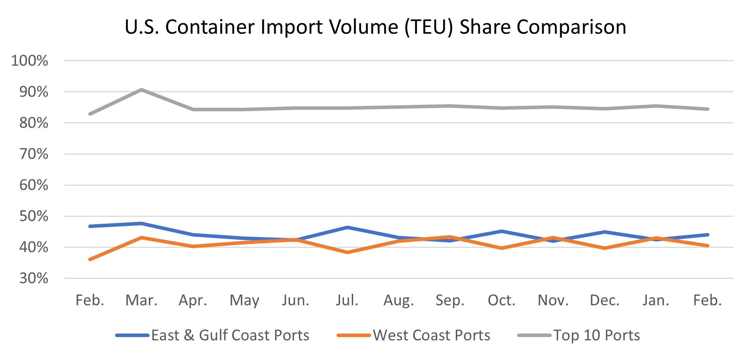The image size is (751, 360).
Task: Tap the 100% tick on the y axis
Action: (x=30, y=61)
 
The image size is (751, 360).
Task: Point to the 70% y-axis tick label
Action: (x=34, y=154)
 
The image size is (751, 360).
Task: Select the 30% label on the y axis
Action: (x=34, y=278)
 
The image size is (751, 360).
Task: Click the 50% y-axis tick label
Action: (x=34, y=216)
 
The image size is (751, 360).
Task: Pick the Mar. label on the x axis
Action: (x=141, y=300)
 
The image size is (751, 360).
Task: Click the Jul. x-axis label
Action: (x=347, y=300)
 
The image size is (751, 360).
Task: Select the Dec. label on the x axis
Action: (x=605, y=300)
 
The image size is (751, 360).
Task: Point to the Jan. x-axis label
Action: (x=656, y=300)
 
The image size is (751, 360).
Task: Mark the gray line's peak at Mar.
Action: (x=141, y=90)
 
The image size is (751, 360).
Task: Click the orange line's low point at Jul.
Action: (x=347, y=252)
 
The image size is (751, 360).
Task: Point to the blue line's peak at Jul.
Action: (x=347, y=227)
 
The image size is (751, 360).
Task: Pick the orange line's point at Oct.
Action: (x=502, y=248)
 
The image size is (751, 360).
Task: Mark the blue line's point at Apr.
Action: (x=193, y=235)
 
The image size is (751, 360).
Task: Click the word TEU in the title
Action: (x=429, y=27)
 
